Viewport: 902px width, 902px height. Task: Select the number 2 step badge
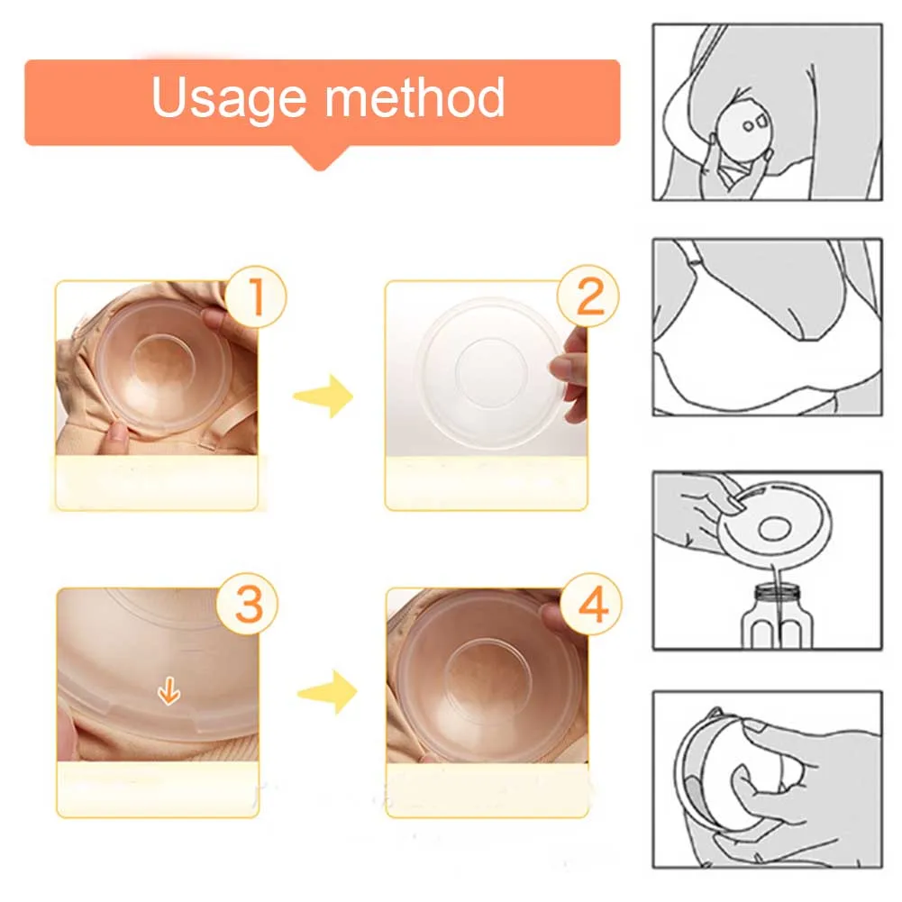coord(590,297)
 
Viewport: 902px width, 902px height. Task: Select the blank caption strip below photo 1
coord(157,483)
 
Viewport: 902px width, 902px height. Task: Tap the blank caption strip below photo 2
coord(486,483)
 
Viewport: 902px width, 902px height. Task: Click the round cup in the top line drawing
coord(747,128)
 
